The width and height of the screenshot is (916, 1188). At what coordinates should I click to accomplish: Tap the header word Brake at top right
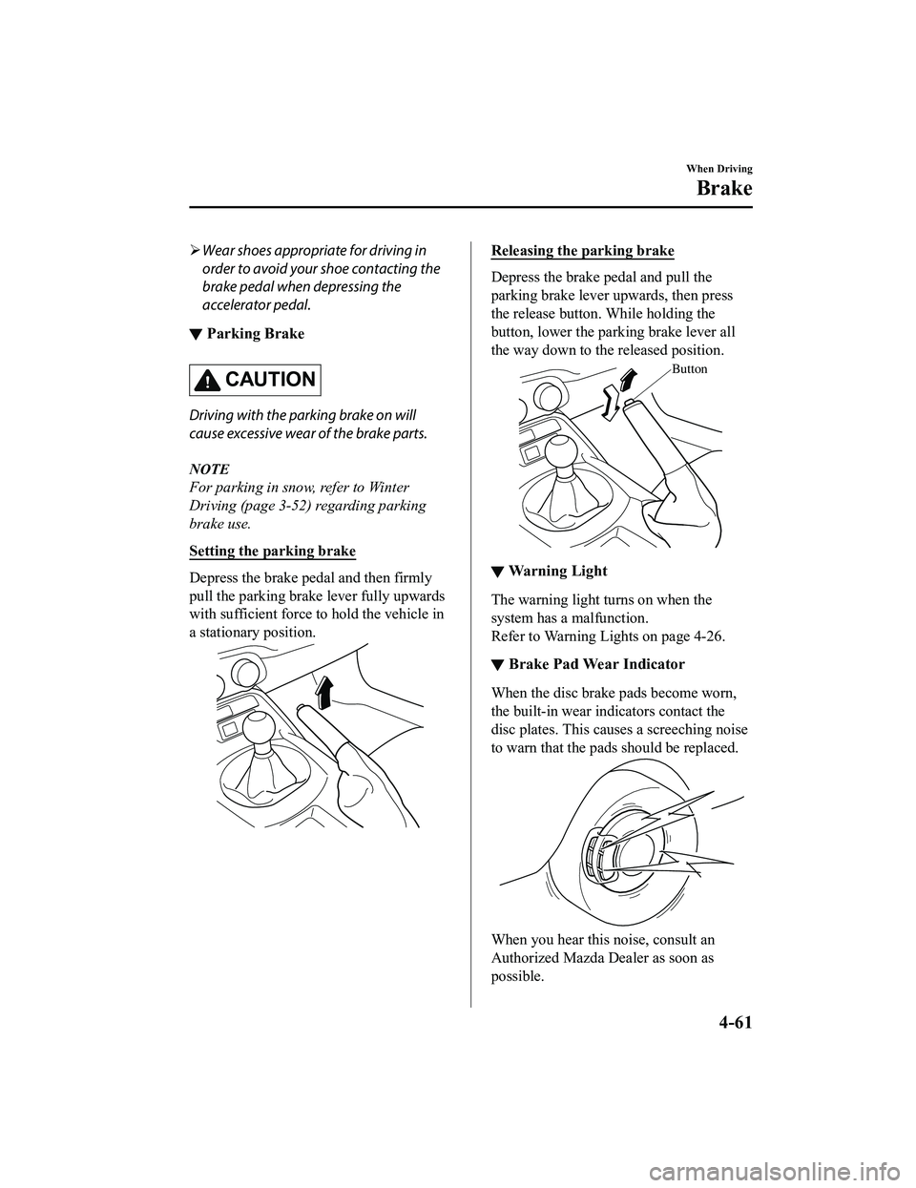(x=724, y=188)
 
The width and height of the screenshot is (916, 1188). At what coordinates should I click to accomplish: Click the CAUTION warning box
(x=255, y=380)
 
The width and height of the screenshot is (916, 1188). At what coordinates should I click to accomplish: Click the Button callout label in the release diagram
(x=689, y=368)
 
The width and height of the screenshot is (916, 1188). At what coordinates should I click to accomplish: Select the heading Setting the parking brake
(x=272, y=551)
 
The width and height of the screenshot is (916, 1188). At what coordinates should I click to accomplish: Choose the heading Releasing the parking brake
(x=582, y=251)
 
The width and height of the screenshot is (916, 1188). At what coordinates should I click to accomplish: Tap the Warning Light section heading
(x=558, y=572)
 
